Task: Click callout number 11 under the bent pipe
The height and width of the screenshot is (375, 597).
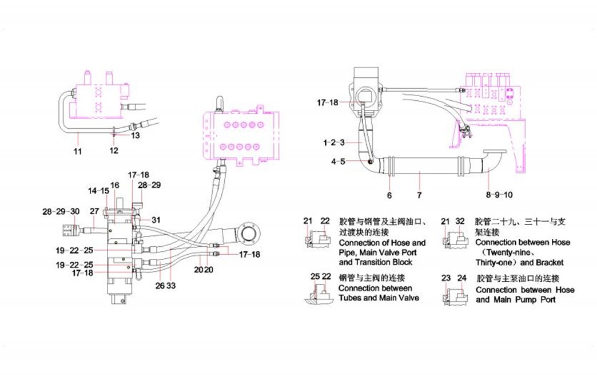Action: coord(78,152)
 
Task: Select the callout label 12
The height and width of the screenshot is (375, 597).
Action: coord(114,151)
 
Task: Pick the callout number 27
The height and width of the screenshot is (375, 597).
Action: coord(94,211)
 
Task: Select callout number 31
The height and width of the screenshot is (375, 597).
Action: coord(156,220)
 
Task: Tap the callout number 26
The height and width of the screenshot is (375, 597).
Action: coord(160,285)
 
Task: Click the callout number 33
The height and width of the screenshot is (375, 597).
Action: coord(171,285)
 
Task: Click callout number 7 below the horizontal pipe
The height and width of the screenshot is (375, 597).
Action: coord(419,195)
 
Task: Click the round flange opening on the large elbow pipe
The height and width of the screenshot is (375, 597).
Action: coord(249,234)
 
